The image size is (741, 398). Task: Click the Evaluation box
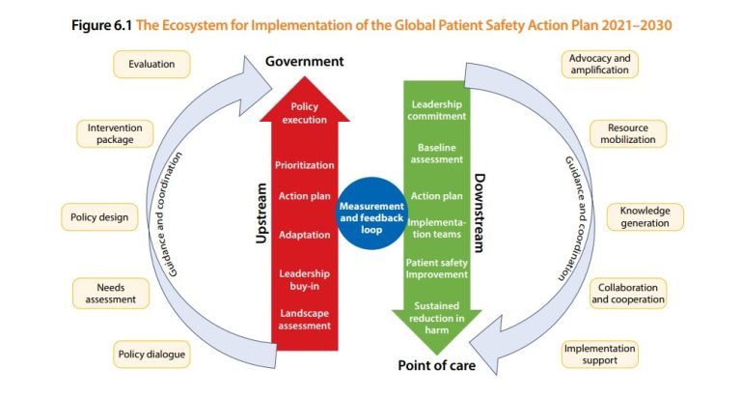[151, 65]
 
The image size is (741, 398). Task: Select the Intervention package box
[117, 132]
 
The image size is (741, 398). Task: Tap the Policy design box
[99, 216]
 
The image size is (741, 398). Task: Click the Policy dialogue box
[151, 354]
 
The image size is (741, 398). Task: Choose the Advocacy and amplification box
[599, 65]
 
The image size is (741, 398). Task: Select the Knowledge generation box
[645, 216]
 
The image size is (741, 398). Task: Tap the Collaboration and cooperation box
[628, 293]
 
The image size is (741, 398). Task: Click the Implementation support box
[599, 354]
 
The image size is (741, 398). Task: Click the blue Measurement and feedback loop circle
[371, 210]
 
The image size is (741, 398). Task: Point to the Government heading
[304, 62]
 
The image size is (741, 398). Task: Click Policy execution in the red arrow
[304, 114]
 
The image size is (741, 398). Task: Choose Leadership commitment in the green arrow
[436, 109]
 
